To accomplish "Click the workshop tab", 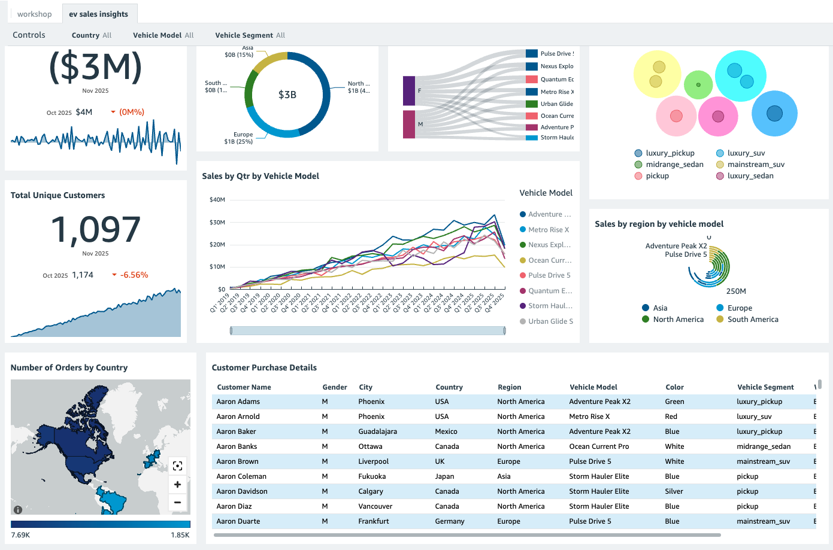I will (34, 14).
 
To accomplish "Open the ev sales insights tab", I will (98, 14).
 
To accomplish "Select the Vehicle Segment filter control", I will (250, 35).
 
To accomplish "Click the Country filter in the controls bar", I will (91, 35).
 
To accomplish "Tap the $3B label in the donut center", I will (287, 95).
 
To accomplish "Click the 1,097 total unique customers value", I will (95, 230).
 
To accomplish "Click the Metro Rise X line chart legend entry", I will (548, 230).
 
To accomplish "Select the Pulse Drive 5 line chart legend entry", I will (549, 275).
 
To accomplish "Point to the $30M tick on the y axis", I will (217, 222).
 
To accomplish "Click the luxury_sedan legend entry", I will (750, 176).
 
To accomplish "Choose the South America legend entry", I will (752, 320).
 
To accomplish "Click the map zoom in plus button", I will (177, 485).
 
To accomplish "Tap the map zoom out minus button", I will (177, 503).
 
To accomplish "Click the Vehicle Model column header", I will (593, 387).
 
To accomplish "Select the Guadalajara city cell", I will (377, 432).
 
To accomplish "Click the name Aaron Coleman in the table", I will (241, 476).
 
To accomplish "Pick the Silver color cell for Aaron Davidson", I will (674, 491).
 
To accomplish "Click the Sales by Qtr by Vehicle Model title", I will (260, 176).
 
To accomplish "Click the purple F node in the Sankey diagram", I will (409, 91).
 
